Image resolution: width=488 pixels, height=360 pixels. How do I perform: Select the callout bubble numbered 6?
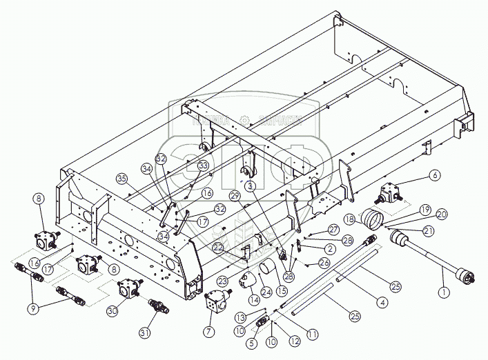[434, 176]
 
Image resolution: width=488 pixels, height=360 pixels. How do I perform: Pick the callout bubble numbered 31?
[145, 334]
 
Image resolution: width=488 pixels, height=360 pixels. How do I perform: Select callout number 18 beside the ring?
[349, 219]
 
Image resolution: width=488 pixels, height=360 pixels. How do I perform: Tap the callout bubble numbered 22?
[218, 246]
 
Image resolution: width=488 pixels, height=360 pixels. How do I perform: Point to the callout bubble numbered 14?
[255, 300]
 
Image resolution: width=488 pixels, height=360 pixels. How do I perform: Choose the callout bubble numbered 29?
[235, 197]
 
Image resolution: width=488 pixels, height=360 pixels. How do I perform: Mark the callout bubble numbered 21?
[429, 231]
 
